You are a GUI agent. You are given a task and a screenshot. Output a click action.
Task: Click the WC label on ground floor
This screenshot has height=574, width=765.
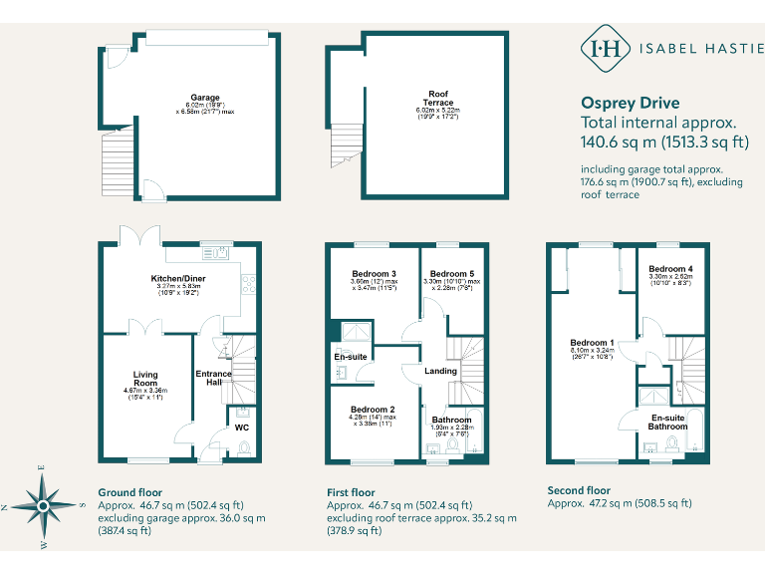241,428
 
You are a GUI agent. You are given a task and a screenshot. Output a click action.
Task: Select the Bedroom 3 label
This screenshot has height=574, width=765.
374,274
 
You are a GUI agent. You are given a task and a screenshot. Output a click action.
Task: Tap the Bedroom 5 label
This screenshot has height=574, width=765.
450,274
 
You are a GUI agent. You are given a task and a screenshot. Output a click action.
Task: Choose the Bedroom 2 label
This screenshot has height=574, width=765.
373,410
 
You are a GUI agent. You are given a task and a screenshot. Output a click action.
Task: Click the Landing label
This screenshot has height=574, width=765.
440,371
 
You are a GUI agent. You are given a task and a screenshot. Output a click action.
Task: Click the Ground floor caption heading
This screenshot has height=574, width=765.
129,492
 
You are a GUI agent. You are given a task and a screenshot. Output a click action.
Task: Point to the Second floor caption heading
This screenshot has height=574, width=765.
579,490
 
